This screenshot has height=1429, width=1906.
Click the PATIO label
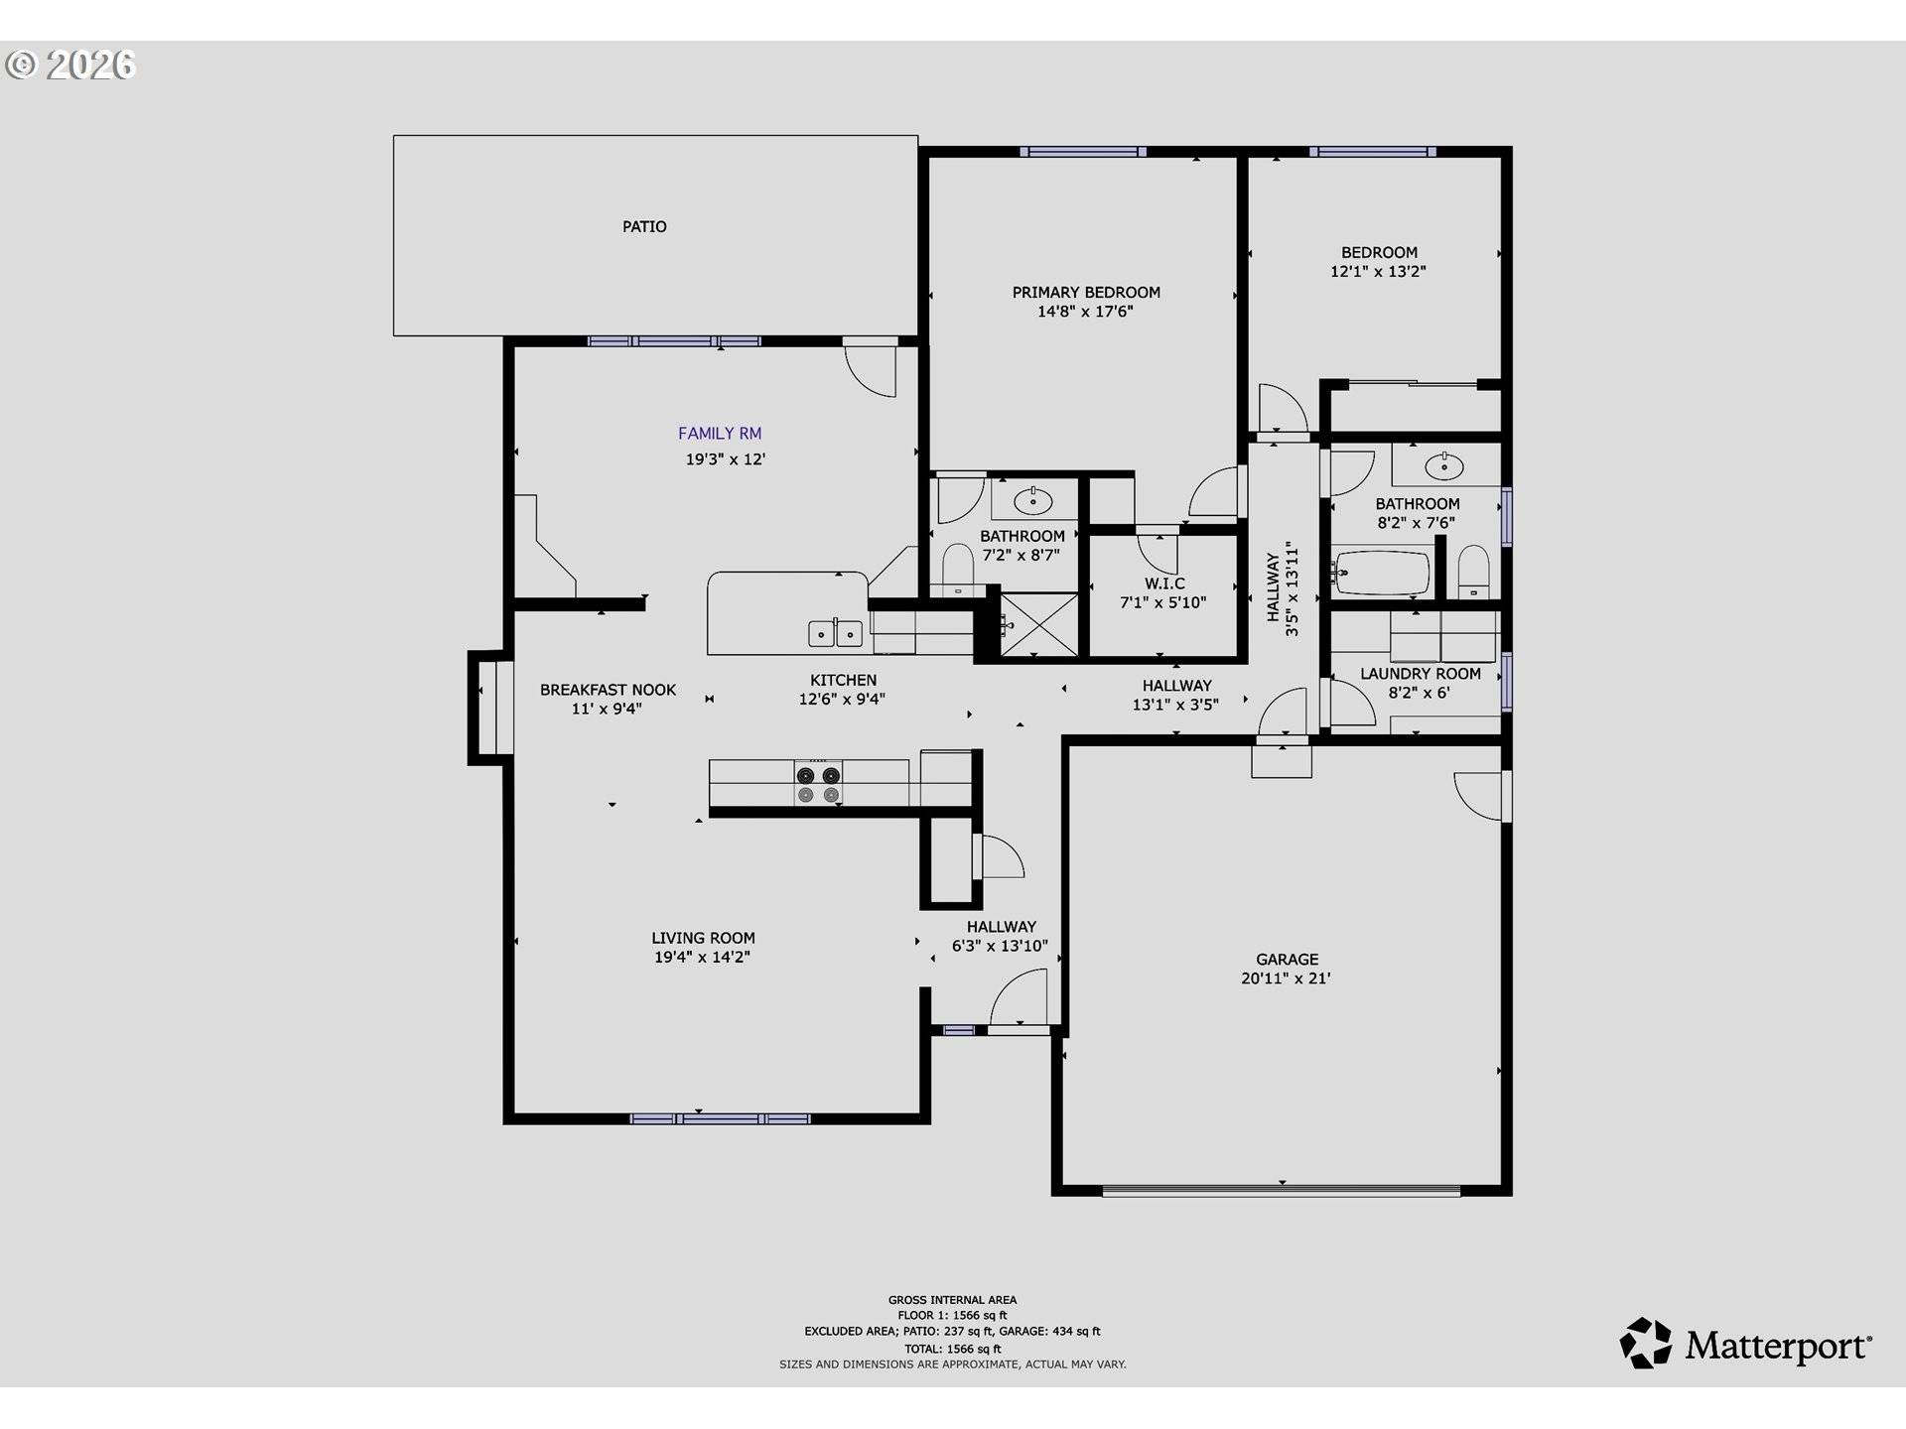coord(644,226)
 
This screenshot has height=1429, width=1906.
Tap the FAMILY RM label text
coord(720,433)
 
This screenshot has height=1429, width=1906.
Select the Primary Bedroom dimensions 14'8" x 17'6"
coord(1085,311)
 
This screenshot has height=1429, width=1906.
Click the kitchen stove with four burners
coord(819,784)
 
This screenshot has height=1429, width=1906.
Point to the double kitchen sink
coord(835,633)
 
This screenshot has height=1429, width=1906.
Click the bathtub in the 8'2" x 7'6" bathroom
coord(1383,574)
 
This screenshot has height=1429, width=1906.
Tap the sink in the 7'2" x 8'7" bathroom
coord(1033,500)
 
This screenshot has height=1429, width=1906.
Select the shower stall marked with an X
coord(1038,625)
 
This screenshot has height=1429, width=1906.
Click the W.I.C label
coord(1164,584)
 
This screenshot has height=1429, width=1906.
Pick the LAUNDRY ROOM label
coord(1420,674)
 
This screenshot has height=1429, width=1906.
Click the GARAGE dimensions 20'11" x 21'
coord(1286,977)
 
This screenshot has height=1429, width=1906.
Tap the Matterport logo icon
coord(1646,1344)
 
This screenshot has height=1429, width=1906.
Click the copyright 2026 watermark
coord(70,65)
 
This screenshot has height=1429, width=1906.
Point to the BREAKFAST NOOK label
coord(608,690)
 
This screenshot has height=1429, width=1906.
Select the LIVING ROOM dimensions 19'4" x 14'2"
coord(702,957)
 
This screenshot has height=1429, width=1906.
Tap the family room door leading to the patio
coord(872,367)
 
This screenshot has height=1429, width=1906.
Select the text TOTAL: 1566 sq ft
coord(952,1349)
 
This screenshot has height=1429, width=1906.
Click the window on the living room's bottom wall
coord(721,1118)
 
